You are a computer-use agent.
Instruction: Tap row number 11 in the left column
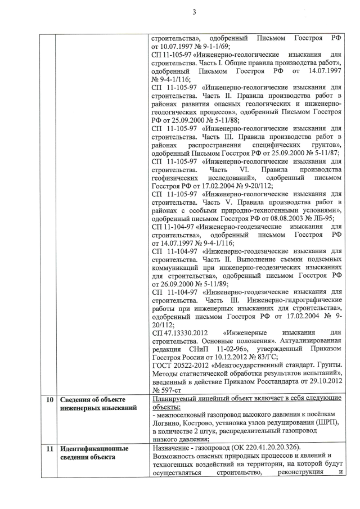point(49,449)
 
